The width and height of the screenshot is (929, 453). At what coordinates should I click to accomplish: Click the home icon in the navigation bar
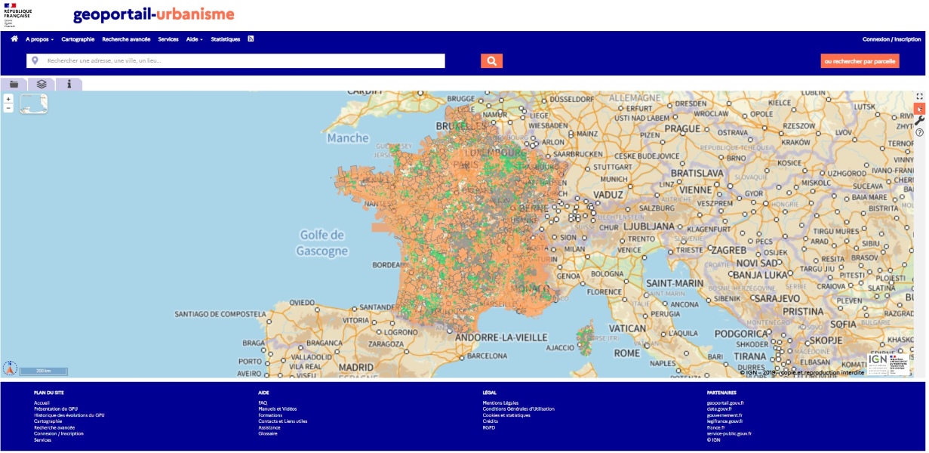pos(14,39)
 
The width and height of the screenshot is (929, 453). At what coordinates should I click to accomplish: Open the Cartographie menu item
pos(78,39)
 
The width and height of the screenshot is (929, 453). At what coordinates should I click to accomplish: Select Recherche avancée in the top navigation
pos(126,39)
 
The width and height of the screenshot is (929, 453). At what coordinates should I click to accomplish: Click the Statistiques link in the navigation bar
pos(226,39)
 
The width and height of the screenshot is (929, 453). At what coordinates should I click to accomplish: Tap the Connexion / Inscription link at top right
pos(891,39)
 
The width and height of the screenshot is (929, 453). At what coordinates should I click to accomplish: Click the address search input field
pos(241,61)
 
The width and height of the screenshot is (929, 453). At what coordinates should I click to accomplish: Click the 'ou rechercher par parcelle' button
pos(860,61)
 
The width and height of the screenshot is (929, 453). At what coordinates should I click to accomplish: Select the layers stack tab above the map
pos(42,84)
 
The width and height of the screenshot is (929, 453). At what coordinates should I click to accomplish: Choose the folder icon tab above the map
pos(14,84)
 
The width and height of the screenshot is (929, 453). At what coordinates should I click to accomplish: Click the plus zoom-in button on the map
pos(8,99)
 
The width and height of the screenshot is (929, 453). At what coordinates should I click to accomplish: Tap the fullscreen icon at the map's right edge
pos(919,97)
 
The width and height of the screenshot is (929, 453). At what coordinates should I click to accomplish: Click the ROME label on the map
pos(626,353)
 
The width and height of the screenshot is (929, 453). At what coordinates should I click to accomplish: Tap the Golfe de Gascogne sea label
pos(321,243)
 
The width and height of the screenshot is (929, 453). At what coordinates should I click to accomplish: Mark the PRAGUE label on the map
pos(683,128)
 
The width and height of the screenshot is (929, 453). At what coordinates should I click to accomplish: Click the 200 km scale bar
pos(43,371)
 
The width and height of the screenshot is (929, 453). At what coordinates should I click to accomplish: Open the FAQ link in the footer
pos(263,403)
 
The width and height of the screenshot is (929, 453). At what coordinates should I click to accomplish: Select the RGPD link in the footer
pos(489,427)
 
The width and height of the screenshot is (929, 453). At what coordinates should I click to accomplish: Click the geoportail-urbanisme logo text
pos(153,15)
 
